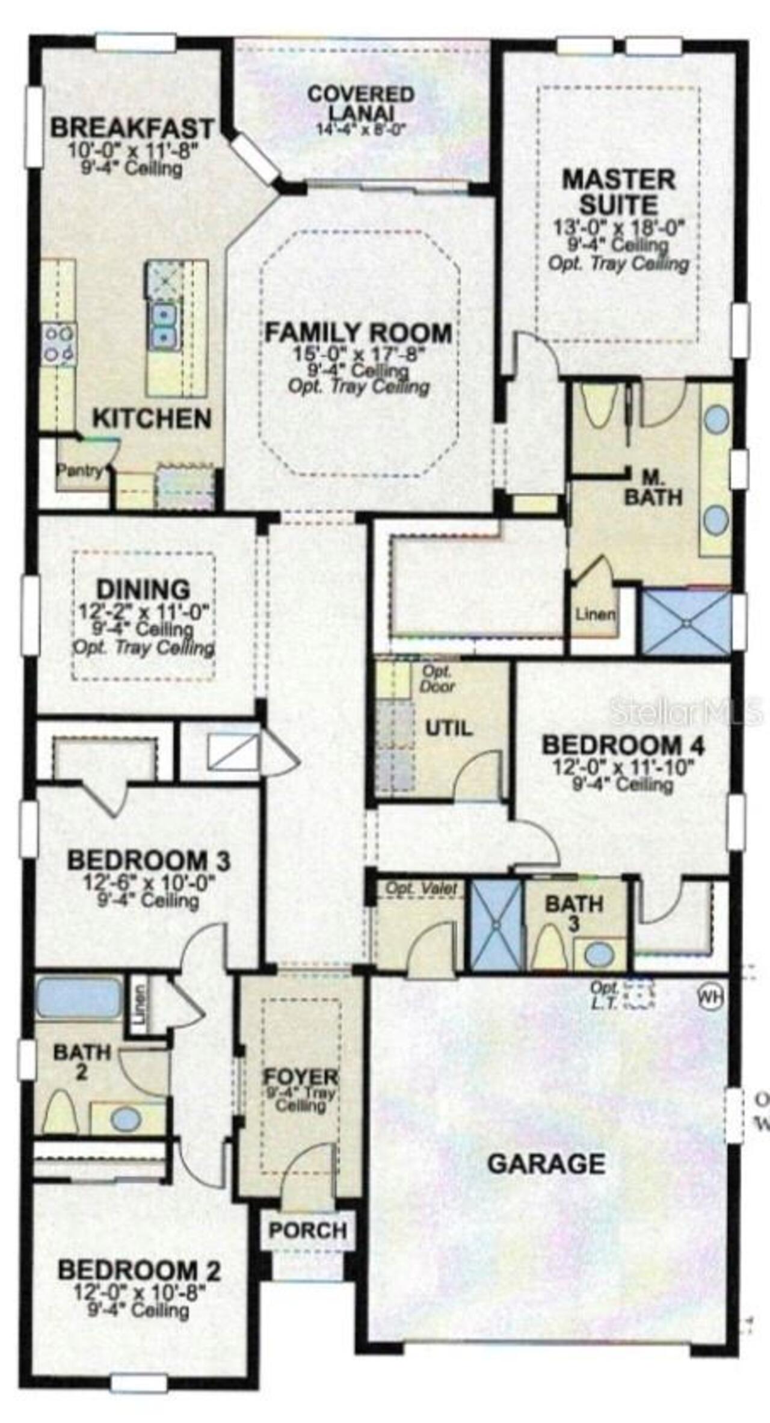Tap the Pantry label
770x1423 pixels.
pos(79,470)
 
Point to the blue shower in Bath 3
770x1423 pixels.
pos(496,925)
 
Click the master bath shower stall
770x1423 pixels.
pos(686,623)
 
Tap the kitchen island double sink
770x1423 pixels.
pos(163,326)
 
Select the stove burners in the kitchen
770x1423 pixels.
pos(58,344)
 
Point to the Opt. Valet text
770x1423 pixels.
pos(421,888)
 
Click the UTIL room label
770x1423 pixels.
pos(449,728)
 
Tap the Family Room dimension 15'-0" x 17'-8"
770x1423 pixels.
pos(359,354)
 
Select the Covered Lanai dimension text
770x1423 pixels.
pos(362,128)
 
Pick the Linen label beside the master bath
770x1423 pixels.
pos(595,614)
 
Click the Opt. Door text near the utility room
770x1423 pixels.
pos(437,678)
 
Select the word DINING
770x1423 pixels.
pos(143,588)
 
